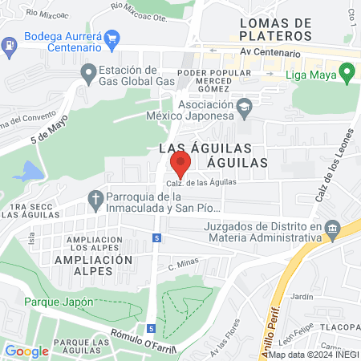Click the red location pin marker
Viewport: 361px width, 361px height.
tap(180, 164)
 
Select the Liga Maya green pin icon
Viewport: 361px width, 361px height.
tap(347, 76)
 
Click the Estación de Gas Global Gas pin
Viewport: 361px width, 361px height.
tap(88, 75)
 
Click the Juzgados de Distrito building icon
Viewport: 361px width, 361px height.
tap(331, 230)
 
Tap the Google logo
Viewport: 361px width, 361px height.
tap(26, 351)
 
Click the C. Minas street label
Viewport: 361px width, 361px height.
tap(183, 265)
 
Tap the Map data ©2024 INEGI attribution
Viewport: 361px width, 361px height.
tap(314, 355)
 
